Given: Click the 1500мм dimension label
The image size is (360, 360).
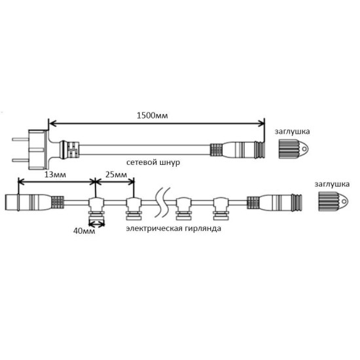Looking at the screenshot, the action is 153,115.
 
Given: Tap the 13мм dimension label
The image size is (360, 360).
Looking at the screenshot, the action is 55,175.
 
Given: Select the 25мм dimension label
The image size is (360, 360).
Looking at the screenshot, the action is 116,175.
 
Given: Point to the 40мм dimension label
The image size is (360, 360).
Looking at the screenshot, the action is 84,231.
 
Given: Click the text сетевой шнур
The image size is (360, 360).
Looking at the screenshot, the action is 153,162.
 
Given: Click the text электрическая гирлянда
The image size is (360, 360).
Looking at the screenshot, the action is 173,228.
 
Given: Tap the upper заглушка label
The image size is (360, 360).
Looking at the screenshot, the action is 292,132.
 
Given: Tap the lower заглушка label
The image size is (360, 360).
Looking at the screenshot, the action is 332,184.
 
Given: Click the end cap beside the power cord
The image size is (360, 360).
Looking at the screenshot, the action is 293,149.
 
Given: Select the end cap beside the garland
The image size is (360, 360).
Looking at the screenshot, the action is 333,202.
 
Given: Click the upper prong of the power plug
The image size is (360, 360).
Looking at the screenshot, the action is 20,139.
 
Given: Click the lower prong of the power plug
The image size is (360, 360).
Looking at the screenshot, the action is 20,160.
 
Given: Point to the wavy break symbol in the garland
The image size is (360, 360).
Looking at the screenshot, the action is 162,202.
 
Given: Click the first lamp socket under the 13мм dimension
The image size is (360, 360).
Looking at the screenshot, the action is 96,208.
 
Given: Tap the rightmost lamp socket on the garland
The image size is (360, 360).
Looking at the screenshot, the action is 221,208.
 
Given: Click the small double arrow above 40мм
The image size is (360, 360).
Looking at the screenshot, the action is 96,224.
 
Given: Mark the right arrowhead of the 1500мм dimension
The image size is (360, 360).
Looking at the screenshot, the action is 262,124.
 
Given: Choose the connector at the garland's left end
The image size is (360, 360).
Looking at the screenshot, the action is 35,202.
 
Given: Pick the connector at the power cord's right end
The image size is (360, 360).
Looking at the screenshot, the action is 237,149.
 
